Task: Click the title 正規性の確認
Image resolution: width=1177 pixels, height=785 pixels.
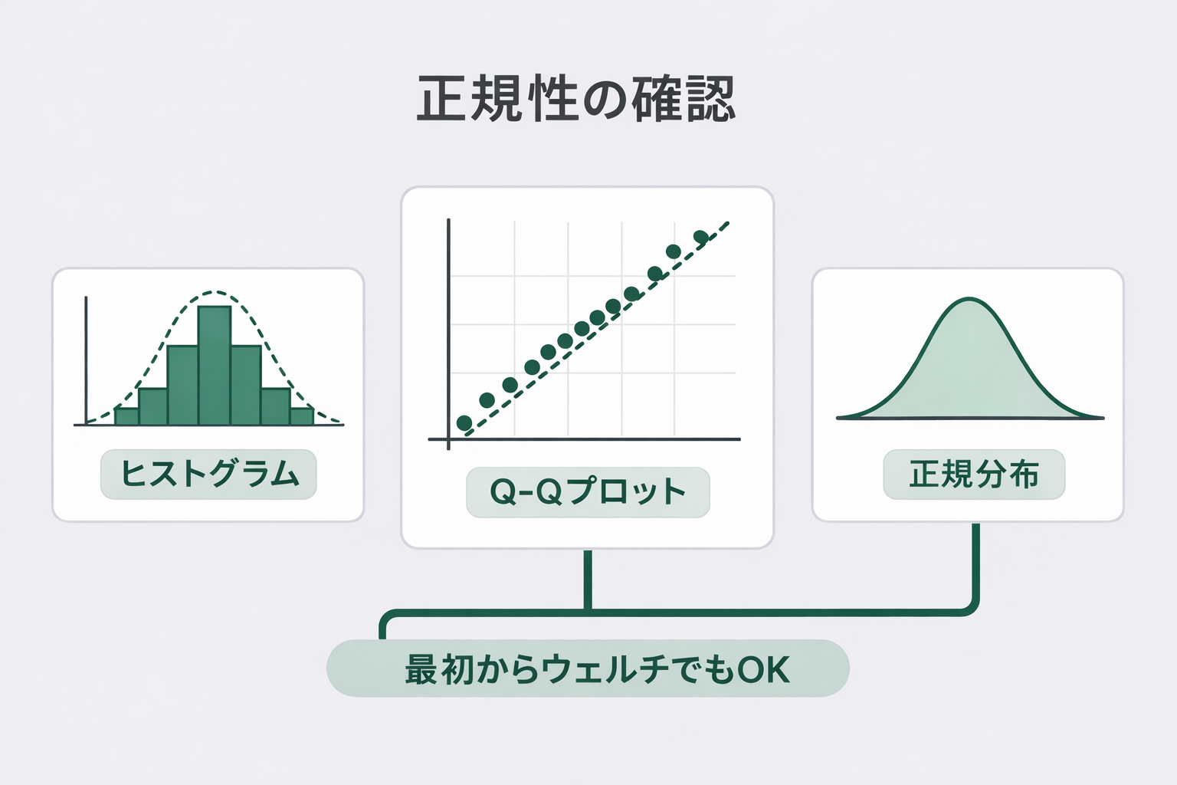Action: [x=576, y=99]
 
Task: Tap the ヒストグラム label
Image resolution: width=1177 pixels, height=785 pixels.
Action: [x=208, y=474]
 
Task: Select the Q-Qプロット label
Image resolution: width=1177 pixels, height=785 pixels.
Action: [x=588, y=492]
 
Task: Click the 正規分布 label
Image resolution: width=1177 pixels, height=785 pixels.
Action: [x=974, y=474]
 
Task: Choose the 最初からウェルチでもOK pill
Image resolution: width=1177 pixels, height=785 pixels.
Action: [x=588, y=668]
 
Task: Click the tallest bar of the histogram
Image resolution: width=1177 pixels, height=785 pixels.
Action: [x=215, y=365]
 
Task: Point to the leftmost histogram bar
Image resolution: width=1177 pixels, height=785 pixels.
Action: [x=126, y=416]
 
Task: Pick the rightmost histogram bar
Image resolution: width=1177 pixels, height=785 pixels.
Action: [x=302, y=416]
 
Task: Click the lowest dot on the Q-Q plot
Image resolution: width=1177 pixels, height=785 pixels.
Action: [x=464, y=422]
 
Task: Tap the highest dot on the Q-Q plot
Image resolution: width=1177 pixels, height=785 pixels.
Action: [x=701, y=237]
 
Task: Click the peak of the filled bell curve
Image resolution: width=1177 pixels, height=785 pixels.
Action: [x=969, y=299]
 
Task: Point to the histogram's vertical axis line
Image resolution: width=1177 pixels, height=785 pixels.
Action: [x=86, y=360]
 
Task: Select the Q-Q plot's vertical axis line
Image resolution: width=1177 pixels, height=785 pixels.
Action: [x=448, y=334]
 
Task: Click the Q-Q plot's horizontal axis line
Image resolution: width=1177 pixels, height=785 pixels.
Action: [x=585, y=439]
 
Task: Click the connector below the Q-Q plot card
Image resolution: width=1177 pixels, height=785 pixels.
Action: [x=588, y=580]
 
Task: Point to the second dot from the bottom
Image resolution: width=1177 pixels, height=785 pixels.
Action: [x=487, y=400]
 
